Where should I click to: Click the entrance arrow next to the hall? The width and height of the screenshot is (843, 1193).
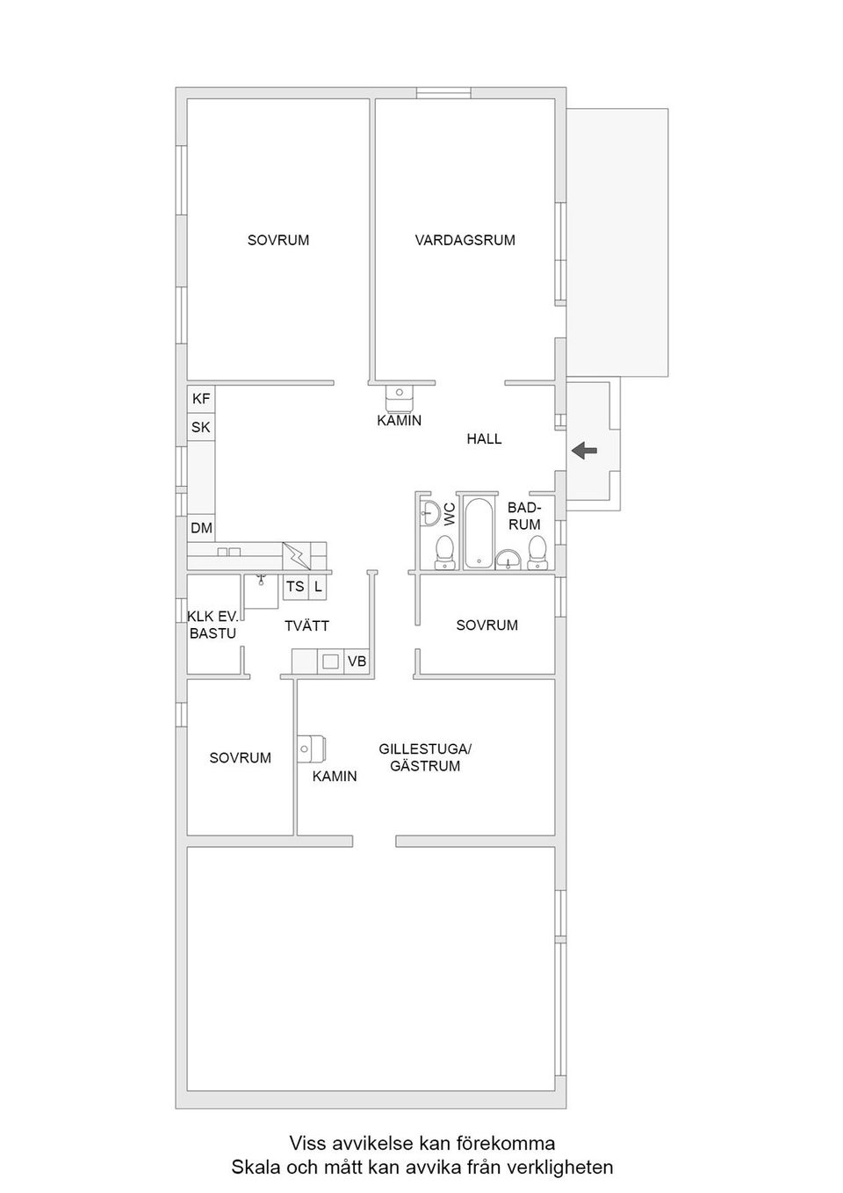(x=585, y=451)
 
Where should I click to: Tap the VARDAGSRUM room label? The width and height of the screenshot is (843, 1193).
(x=465, y=240)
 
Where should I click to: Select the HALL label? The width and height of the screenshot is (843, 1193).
(x=484, y=438)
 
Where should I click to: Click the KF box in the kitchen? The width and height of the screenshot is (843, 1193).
(x=201, y=399)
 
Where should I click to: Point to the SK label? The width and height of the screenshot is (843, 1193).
(x=201, y=428)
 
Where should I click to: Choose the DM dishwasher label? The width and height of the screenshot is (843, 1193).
(x=201, y=528)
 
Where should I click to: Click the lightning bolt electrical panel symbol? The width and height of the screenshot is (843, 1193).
(x=297, y=556)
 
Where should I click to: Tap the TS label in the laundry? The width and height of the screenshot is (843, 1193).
(x=295, y=587)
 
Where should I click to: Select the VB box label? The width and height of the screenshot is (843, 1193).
(x=357, y=662)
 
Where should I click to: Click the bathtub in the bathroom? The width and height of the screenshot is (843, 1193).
(x=479, y=533)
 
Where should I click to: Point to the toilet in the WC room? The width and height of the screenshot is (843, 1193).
(x=444, y=551)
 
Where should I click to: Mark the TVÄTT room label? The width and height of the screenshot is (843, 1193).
(x=306, y=625)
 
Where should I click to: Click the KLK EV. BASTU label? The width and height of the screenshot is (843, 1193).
(x=213, y=625)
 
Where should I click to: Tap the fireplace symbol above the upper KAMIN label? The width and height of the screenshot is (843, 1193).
(x=400, y=398)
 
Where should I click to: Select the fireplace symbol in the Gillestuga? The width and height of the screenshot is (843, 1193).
(x=312, y=748)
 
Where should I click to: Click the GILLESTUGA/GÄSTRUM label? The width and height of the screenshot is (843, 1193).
(x=425, y=757)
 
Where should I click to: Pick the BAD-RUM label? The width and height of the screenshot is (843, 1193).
(x=524, y=516)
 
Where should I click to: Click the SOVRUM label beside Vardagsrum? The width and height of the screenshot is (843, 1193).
(x=277, y=240)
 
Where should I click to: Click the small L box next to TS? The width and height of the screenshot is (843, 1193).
(x=318, y=587)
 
